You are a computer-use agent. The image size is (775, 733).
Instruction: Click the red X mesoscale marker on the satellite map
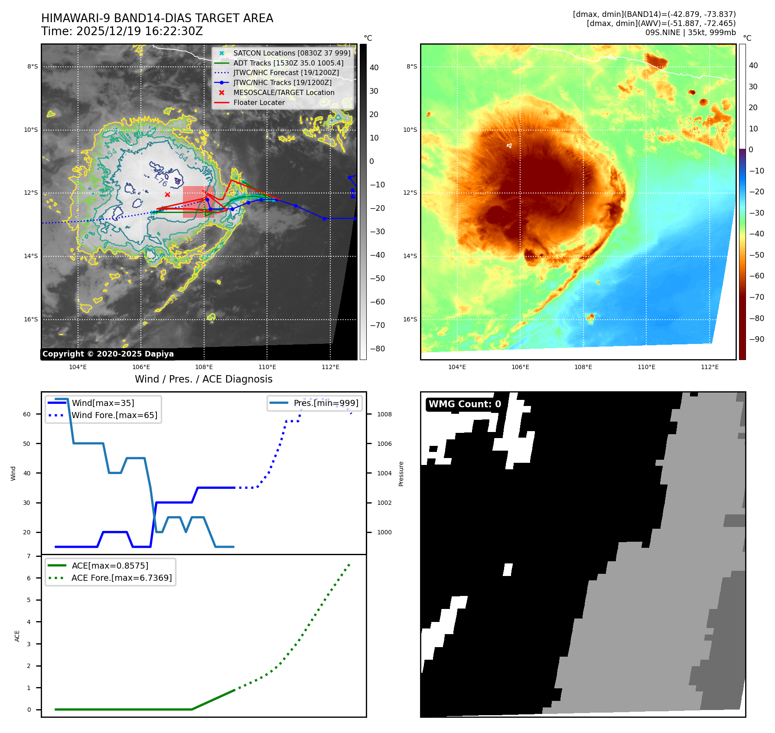(167, 195)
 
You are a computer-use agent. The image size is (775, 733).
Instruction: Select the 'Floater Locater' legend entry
(259, 103)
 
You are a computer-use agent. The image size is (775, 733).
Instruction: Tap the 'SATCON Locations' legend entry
(292, 53)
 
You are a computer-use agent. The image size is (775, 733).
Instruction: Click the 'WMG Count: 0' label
(464, 404)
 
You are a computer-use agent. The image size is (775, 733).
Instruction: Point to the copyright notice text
(108, 354)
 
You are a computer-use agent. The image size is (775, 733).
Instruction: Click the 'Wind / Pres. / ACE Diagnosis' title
(203, 379)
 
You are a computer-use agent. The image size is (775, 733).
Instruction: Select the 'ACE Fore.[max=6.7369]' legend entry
(121, 578)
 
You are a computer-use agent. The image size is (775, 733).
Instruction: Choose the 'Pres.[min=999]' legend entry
(326, 403)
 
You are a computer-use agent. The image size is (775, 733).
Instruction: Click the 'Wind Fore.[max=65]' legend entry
(114, 415)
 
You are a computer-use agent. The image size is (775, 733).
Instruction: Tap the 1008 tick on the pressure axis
(384, 414)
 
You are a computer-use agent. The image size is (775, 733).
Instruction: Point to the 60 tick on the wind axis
(27, 414)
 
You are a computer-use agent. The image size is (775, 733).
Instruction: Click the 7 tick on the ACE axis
(29, 556)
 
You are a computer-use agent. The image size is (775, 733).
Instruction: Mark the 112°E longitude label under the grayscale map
(330, 367)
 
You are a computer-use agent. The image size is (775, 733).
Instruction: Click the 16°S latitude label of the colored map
(410, 319)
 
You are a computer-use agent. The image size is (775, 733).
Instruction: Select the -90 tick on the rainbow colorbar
(756, 339)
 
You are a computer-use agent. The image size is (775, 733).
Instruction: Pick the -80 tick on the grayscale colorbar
(377, 349)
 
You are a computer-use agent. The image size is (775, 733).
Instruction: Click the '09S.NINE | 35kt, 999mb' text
(690, 33)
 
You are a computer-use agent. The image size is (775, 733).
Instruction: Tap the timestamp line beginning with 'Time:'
(122, 31)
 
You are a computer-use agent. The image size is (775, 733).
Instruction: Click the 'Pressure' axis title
(401, 474)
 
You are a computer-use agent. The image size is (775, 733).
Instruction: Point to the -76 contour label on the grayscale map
(161, 181)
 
